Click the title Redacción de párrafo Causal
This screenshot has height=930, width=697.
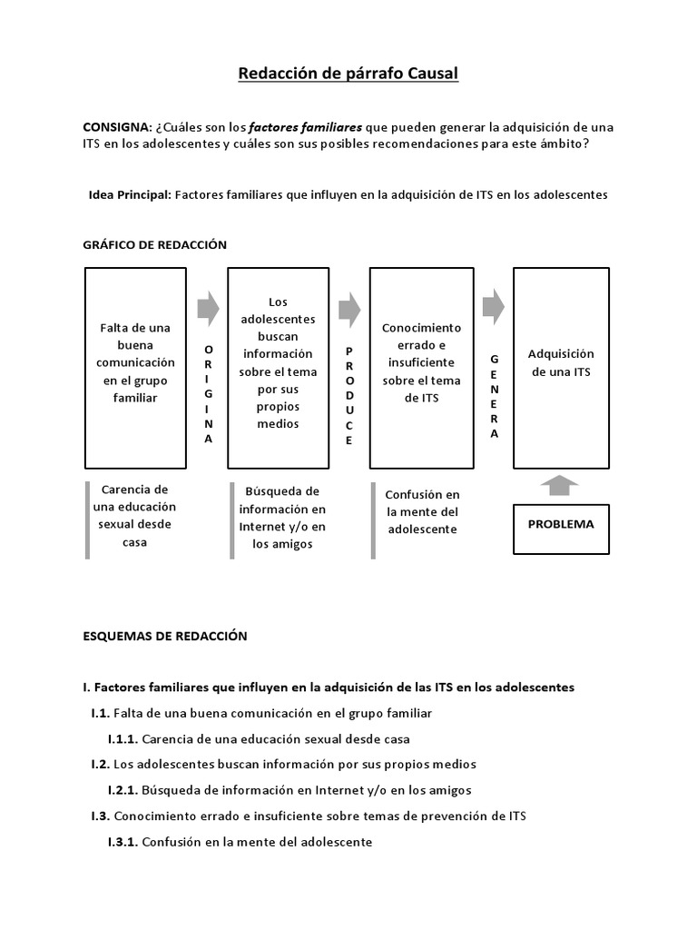coord(348,74)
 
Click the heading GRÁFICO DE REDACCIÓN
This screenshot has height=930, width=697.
coord(154,244)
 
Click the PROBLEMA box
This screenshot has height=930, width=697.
coord(560,524)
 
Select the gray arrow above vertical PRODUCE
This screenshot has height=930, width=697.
coord(349,309)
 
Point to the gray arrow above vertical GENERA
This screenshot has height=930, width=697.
coord(494,307)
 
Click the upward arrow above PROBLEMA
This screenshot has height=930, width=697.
coord(559,485)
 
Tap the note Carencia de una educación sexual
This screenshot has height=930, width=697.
coord(135,516)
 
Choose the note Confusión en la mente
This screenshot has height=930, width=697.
coord(422,511)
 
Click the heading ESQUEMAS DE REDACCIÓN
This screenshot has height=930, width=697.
coord(165,637)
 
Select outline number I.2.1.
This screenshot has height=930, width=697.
coord(123,790)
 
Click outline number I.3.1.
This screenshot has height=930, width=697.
coord(123,842)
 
